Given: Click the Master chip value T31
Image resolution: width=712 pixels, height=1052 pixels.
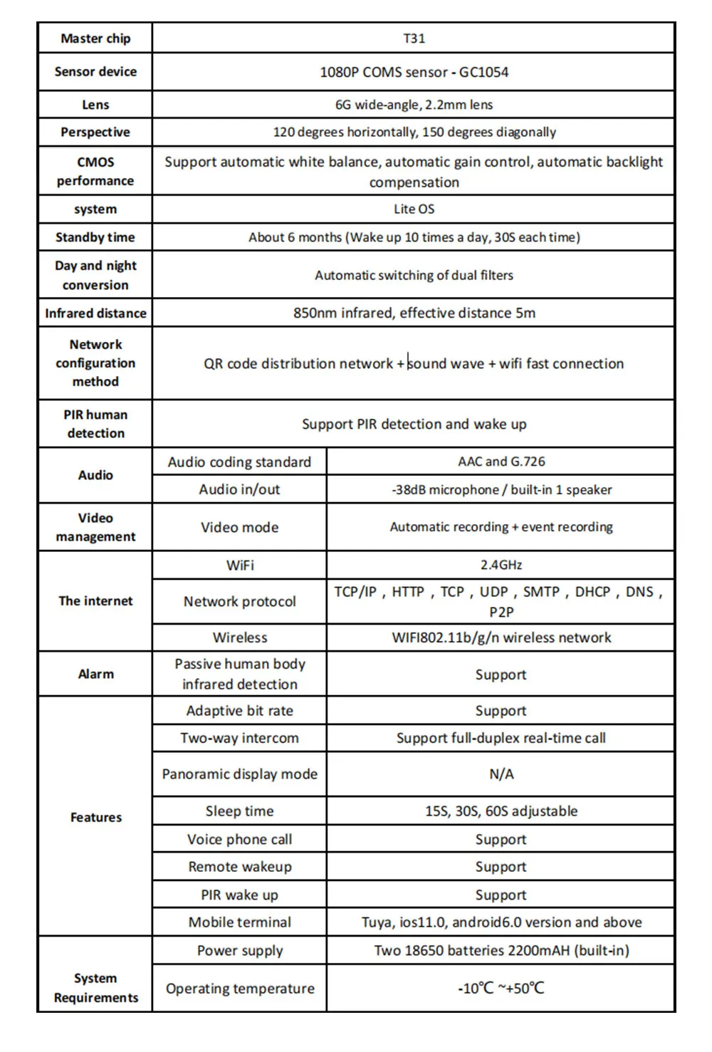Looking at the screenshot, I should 414,38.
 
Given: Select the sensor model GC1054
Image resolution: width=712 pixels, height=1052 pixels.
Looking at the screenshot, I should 483,72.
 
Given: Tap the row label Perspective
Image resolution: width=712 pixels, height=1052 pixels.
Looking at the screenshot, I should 95,132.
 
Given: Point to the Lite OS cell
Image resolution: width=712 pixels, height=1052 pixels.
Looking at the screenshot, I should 414,209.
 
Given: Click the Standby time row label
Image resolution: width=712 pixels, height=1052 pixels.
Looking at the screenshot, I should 95,237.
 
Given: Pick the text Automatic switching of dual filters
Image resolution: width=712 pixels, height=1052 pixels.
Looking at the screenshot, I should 414,275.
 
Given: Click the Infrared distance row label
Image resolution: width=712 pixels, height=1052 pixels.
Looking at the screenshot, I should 95,313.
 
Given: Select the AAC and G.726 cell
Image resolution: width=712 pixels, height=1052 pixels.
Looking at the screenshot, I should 501,462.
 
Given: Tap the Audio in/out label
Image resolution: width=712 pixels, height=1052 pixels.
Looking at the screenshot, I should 239,489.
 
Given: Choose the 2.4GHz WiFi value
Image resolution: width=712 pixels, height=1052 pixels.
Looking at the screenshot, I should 501,565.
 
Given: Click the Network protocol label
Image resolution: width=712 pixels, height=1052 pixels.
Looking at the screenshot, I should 239,601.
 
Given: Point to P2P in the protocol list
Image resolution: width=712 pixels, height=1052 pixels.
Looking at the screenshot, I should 501,612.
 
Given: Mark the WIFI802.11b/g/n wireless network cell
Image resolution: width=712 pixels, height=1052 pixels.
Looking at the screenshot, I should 501,637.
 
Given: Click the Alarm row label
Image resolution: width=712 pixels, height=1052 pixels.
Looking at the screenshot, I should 95,674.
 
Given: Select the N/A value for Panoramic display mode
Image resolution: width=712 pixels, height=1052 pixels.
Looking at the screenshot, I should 501,774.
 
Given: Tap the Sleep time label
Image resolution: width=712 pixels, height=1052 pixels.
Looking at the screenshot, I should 239,811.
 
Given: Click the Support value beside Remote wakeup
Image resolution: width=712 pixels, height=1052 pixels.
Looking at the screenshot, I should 501,867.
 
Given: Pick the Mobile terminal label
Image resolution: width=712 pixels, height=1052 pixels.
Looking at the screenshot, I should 239,922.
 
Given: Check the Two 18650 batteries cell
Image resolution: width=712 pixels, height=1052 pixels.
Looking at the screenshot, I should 501,950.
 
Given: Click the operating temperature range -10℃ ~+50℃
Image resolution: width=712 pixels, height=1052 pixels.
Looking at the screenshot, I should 501,988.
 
